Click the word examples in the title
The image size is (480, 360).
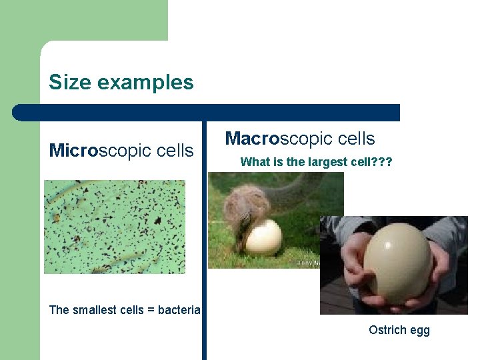[145, 83]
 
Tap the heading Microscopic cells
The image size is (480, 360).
[121, 150]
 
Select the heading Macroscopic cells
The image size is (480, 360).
[300, 139]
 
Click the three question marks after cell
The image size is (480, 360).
[382, 161]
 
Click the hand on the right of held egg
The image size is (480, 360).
[437, 270]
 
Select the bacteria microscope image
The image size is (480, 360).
[114, 227]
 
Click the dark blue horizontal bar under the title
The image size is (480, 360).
[207, 113]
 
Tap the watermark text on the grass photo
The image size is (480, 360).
[307, 263]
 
